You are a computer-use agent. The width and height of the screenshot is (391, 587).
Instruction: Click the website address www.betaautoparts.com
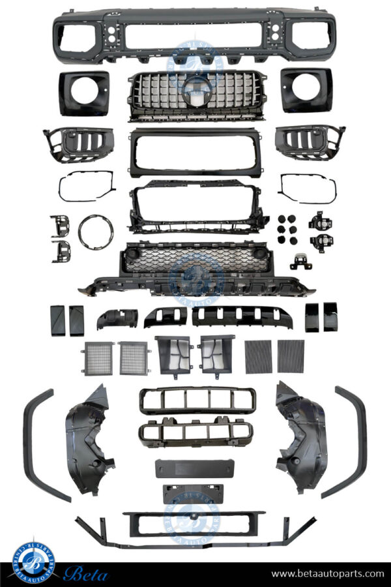click(328, 574)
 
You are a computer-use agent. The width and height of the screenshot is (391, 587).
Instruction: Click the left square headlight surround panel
click(84, 93)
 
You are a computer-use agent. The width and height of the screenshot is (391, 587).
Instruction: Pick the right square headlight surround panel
click(307, 90)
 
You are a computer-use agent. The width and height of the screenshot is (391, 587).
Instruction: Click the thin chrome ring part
click(96, 231)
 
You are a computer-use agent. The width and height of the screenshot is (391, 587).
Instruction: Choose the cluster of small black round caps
click(286, 229)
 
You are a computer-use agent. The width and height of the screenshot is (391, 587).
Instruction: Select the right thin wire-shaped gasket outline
click(307, 188)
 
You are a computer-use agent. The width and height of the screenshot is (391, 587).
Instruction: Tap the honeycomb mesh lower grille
click(195, 260)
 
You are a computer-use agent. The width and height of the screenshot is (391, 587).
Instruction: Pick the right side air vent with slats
click(309, 142)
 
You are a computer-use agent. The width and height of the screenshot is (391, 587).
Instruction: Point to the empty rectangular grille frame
click(195, 153)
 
